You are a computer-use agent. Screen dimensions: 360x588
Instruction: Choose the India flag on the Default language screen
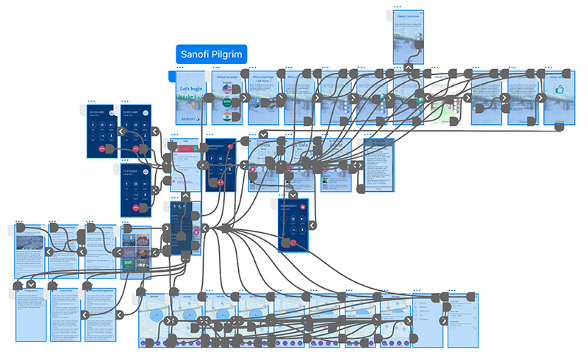[x=227, y=117]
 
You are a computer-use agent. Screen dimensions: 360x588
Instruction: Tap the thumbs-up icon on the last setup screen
[x=559, y=90]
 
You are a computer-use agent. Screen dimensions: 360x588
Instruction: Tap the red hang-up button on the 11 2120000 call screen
[x=136, y=207]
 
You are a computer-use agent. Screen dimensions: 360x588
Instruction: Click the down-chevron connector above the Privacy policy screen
[x=32, y=284]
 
